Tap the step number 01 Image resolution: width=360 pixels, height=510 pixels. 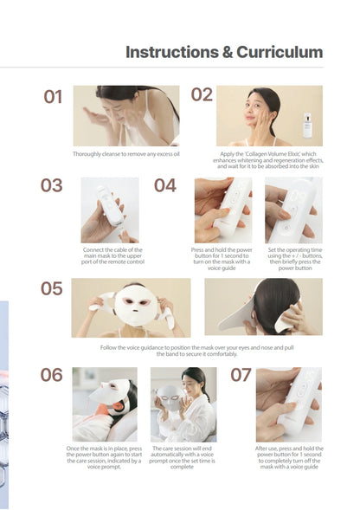pos(54,97)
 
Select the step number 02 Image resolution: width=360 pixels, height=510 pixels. pos(202,94)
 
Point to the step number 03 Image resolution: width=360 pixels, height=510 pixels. pos(52,185)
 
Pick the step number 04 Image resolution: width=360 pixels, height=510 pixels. pos(165,185)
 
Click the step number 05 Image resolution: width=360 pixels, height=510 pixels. pos(52,288)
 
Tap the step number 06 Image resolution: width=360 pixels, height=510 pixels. pos(52,375)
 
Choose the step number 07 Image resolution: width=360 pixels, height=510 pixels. pos(241,375)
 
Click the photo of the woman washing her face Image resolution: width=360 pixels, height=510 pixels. pos(125,115)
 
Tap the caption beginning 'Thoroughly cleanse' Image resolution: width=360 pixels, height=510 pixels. pos(126,154)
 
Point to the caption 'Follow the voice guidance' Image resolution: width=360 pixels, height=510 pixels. pos(197,350)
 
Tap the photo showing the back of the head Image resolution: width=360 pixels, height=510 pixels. pos(263,307)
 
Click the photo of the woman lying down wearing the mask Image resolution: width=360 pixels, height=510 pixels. pos(104,404)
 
